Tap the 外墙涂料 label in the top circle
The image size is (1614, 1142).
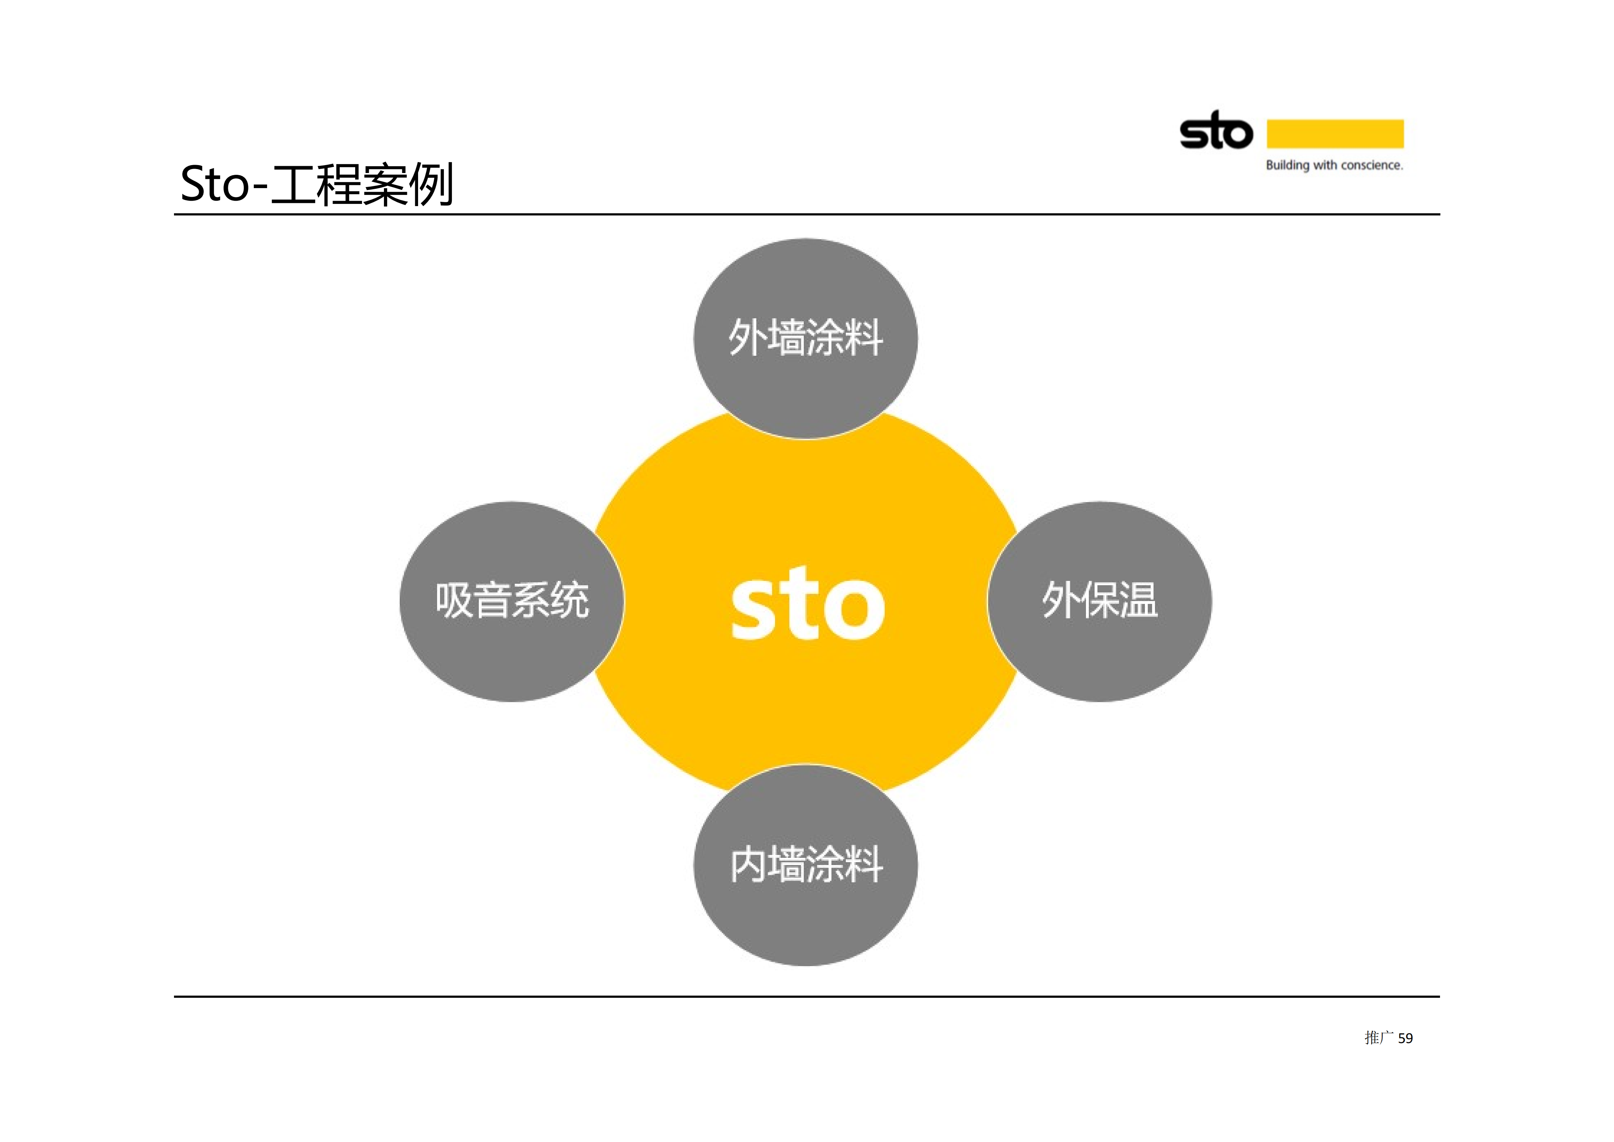pyautogui.click(x=806, y=337)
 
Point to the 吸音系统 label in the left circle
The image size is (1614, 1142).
pyautogui.click(x=512, y=601)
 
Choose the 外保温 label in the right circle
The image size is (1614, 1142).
pyautogui.click(x=1100, y=601)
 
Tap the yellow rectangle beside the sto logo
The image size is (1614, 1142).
pyautogui.click(x=1335, y=133)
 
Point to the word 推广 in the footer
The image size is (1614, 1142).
pyautogui.click(x=1379, y=1038)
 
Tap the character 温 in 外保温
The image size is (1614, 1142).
pyautogui.click(x=1139, y=601)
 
